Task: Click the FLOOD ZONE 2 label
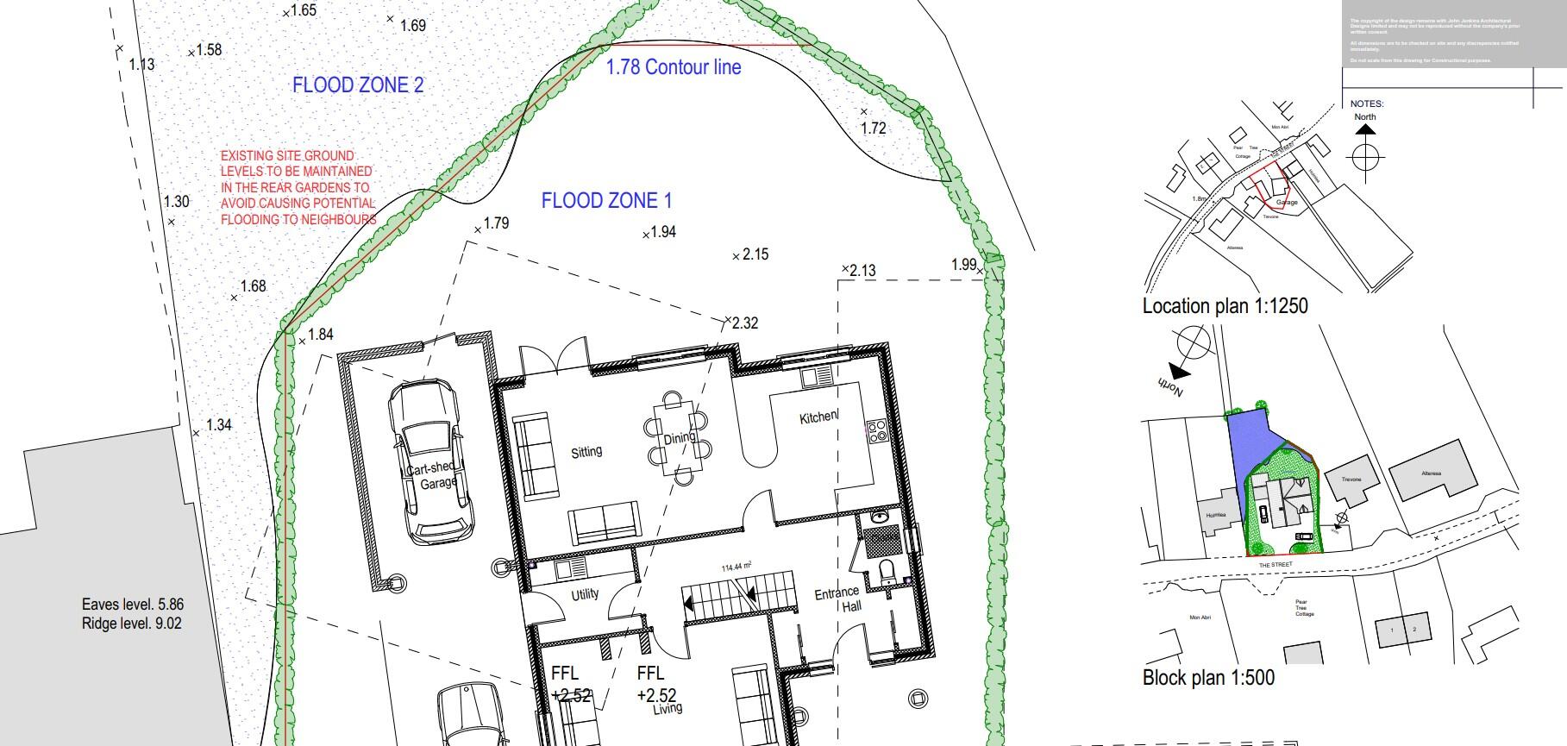pyautogui.click(x=358, y=85)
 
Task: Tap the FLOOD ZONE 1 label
pyautogui.click(x=606, y=201)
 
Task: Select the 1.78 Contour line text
pyautogui.click(x=674, y=67)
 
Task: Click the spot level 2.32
pyautogui.click(x=744, y=323)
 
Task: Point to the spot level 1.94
pyautogui.click(x=661, y=232)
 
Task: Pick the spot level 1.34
pyautogui.click(x=218, y=425)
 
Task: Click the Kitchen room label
pyautogui.click(x=818, y=417)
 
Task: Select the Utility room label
pyautogui.click(x=585, y=594)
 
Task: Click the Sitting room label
pyautogui.click(x=586, y=451)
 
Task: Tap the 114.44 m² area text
pyautogui.click(x=736, y=567)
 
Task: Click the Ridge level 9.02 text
pyautogui.click(x=132, y=624)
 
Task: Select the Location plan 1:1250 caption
pyautogui.click(x=1225, y=306)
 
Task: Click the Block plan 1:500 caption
pyautogui.click(x=1208, y=678)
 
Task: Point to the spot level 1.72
pyautogui.click(x=873, y=128)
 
